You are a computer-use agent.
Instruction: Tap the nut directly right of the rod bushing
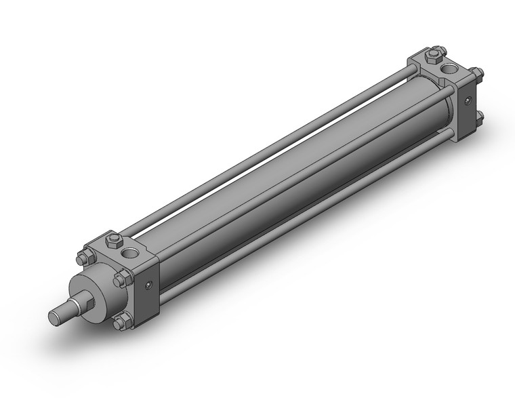[x=123, y=279]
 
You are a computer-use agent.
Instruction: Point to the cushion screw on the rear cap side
[x=468, y=101]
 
